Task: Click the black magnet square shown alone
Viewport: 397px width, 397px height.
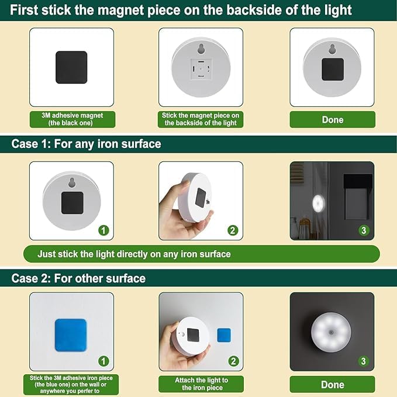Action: (71, 67)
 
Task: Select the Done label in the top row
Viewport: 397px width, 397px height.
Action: (332, 119)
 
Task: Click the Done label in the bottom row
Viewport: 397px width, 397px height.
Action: (332, 384)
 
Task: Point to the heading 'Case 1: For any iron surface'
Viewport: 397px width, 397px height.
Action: (86, 144)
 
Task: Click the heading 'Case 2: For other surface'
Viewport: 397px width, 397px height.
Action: (78, 278)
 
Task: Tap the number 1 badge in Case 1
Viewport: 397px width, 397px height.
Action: (103, 230)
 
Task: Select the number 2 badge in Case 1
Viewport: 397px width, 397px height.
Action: (233, 230)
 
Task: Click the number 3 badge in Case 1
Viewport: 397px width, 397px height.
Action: (364, 230)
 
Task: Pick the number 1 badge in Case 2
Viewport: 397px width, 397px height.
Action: (103, 361)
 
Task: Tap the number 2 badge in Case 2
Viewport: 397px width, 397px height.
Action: (233, 361)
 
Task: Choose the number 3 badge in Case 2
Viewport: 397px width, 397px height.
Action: (364, 361)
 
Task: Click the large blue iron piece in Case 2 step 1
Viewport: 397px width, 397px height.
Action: (71, 334)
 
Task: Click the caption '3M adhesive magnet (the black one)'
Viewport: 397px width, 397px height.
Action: (73, 119)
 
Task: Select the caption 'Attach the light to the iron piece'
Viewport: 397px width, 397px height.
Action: (201, 384)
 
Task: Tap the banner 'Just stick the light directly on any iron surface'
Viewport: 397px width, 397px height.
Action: (134, 254)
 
